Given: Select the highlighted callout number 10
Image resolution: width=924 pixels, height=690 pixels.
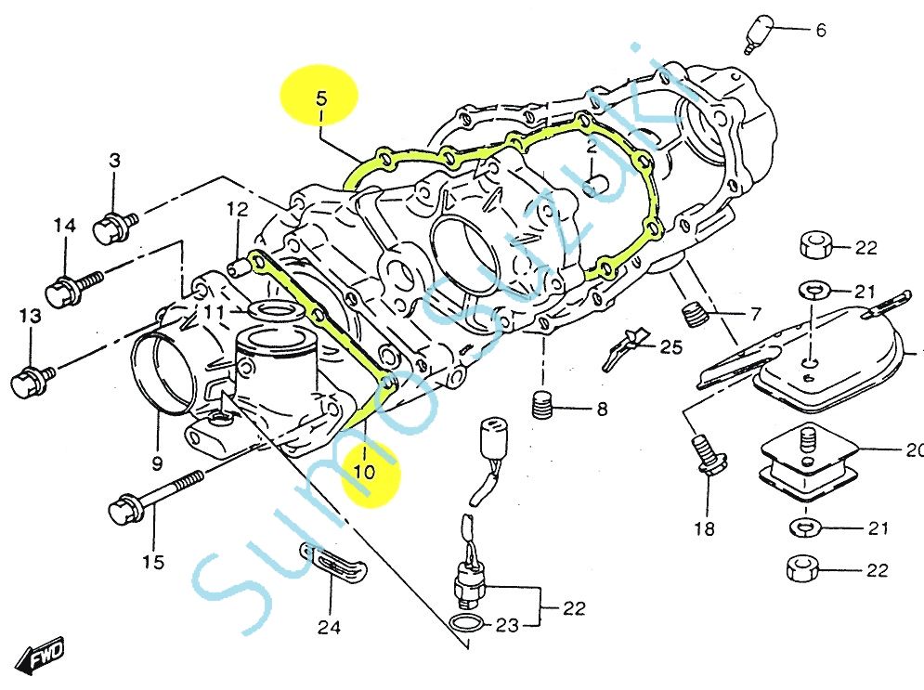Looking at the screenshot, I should pos(364,472).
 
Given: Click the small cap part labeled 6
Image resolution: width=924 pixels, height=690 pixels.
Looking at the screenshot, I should pos(759,33).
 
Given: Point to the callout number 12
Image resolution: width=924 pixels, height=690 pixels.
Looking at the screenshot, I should pos(236,209).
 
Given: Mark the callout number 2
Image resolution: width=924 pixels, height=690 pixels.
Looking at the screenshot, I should pos(590,149).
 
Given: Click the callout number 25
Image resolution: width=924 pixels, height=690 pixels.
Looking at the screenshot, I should pos(670,348).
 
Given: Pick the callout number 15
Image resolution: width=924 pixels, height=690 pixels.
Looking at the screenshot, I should pos(153,562).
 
